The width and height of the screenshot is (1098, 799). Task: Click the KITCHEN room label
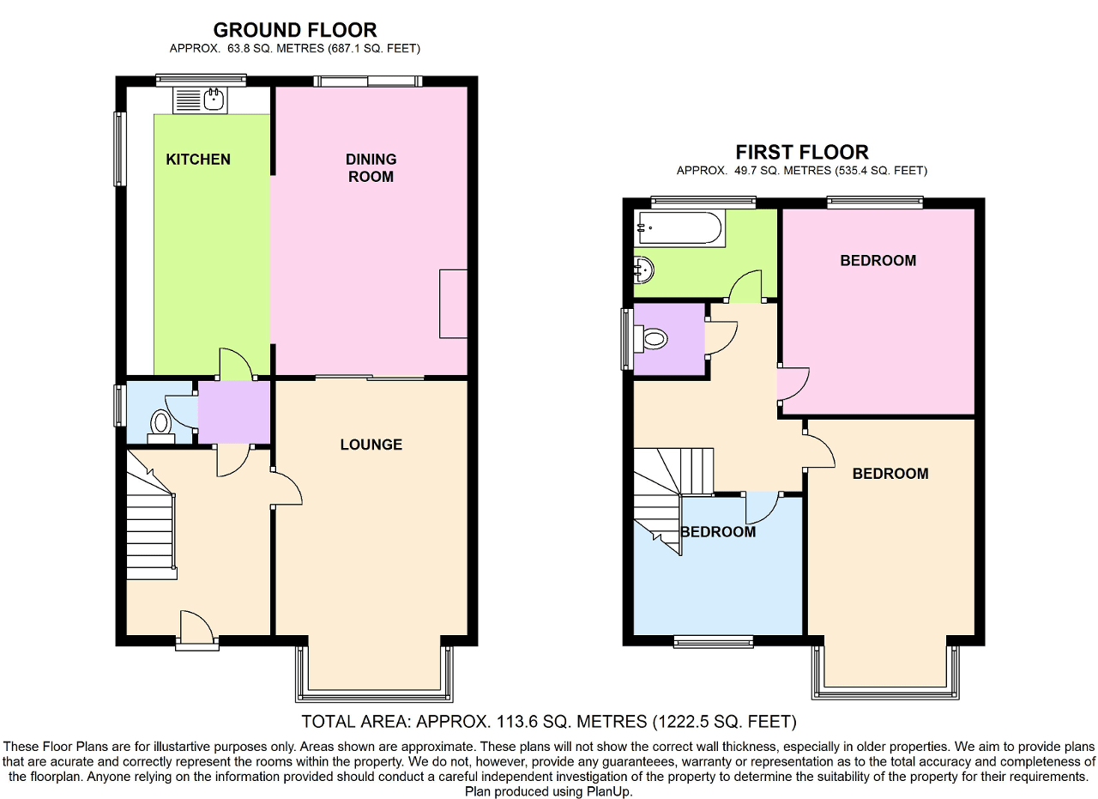click(x=198, y=160)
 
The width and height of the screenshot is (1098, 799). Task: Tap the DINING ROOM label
click(x=371, y=168)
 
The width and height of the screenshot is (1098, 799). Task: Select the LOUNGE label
click(x=371, y=445)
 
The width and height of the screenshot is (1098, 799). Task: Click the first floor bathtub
click(x=678, y=228)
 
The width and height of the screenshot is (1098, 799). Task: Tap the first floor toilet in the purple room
click(x=652, y=339)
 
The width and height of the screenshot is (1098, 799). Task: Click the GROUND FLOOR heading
click(x=294, y=31)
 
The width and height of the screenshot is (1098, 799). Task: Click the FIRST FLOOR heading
click(x=802, y=152)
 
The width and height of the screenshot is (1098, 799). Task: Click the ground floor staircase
click(x=153, y=524)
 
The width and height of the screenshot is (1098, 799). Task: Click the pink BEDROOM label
click(x=878, y=261)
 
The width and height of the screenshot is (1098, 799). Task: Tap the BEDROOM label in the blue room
click(x=718, y=532)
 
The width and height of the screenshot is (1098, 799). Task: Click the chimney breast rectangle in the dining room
click(x=453, y=303)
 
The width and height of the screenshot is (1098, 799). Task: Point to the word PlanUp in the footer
click(x=608, y=792)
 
